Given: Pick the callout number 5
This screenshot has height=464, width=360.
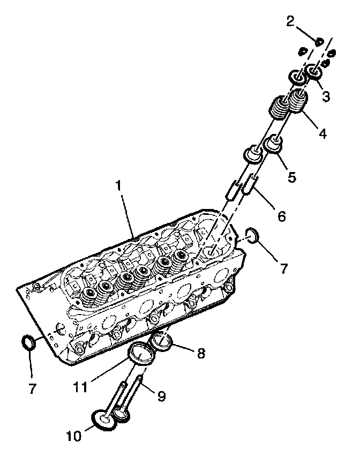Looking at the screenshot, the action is (291, 177).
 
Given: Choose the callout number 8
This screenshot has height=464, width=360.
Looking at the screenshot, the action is (200, 354).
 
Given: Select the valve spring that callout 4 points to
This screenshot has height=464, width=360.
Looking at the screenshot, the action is (299, 102).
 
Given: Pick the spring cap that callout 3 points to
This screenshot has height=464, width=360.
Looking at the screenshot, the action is (313, 71).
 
